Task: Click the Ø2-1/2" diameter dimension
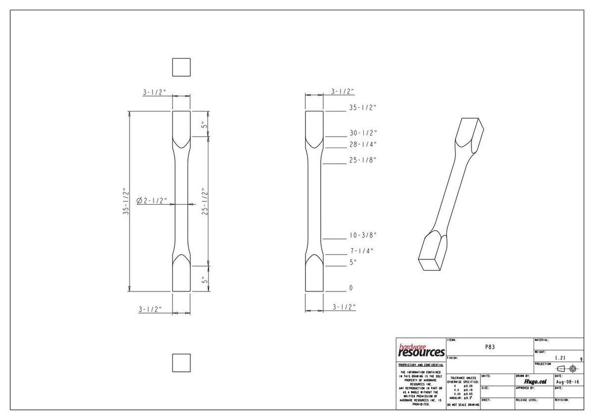click(x=152, y=201)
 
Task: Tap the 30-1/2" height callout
click(x=363, y=133)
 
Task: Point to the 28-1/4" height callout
click(x=363, y=145)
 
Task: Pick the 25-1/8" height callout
click(x=363, y=160)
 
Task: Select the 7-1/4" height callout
click(x=361, y=251)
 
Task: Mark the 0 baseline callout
click(x=351, y=288)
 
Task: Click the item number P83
click(x=490, y=347)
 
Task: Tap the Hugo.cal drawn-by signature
click(x=535, y=381)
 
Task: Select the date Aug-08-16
click(x=567, y=382)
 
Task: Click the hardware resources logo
click(x=421, y=351)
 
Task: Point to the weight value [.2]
click(x=560, y=358)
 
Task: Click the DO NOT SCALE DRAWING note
click(x=463, y=405)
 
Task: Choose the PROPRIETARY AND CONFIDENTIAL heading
click(x=421, y=365)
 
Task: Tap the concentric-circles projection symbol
click(x=573, y=368)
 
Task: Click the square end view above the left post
click(x=181, y=67)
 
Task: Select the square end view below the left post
click(x=181, y=363)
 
